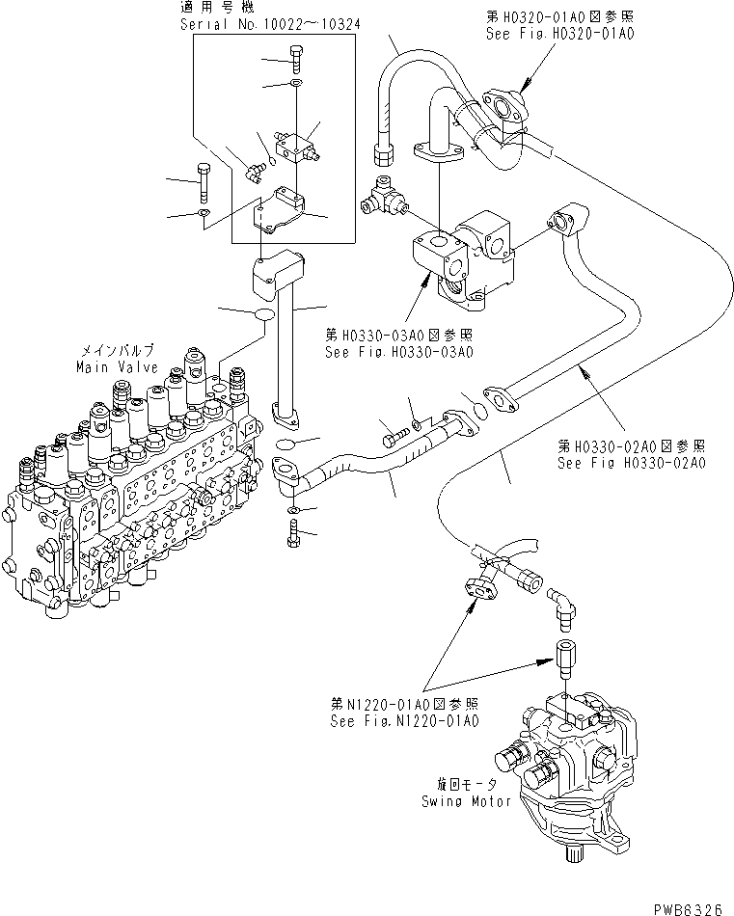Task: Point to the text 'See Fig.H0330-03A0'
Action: coord(399,352)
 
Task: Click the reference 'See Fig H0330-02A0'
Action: coord(633,463)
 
